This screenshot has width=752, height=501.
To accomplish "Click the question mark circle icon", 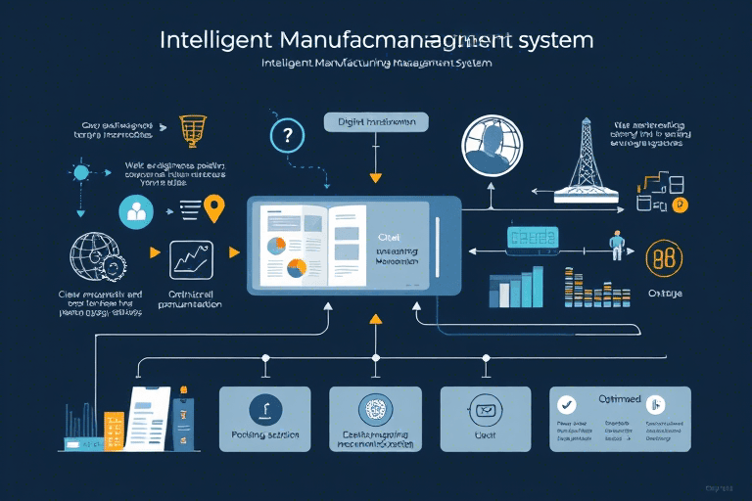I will pyautogui.click(x=287, y=136).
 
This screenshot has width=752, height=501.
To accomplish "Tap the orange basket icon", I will pyautogui.click(x=191, y=128).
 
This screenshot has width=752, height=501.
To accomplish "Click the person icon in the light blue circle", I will pyautogui.click(x=136, y=210).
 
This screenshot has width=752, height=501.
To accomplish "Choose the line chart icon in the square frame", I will pyautogui.click(x=191, y=260).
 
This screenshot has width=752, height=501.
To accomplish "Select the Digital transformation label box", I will pyautogui.click(x=376, y=123).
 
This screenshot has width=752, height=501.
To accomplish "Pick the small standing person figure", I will pyautogui.click(x=616, y=245).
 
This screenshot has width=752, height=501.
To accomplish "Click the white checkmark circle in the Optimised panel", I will pyautogui.click(x=566, y=404).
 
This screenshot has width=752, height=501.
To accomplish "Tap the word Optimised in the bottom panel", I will pyautogui.click(x=619, y=399).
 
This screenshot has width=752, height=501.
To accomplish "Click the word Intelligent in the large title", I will pyautogui.click(x=216, y=41).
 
